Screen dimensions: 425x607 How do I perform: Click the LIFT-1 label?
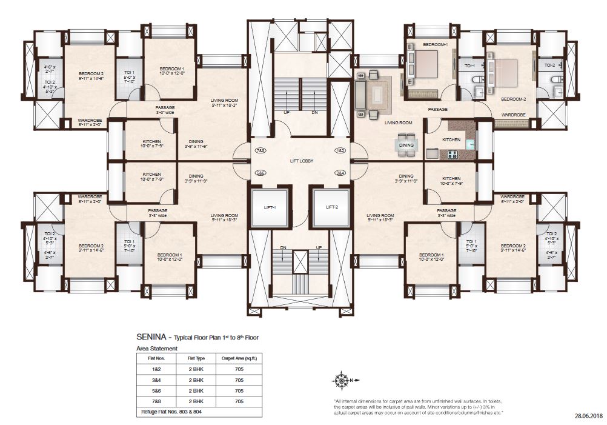[x=270, y=207]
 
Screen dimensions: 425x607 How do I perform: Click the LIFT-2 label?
[x=331, y=207]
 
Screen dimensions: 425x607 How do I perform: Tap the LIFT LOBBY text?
[x=300, y=161]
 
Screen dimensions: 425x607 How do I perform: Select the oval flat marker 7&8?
[x=261, y=150]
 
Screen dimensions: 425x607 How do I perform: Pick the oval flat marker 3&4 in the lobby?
[x=340, y=173]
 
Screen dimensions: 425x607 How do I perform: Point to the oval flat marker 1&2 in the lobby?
[x=340, y=150]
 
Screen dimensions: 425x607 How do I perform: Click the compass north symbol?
[x=340, y=381]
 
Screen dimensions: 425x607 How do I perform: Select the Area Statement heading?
[x=157, y=349]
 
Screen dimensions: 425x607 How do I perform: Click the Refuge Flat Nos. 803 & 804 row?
[x=172, y=412]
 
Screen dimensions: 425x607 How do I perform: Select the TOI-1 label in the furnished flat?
[x=469, y=65]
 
